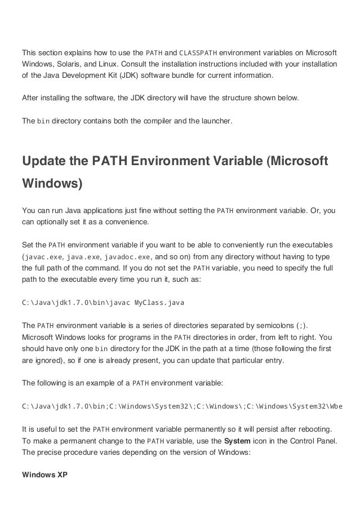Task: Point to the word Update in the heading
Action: point(50,161)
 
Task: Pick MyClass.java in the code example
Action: point(159,303)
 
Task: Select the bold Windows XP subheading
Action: point(45,474)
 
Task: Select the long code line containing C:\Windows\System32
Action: point(183,406)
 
